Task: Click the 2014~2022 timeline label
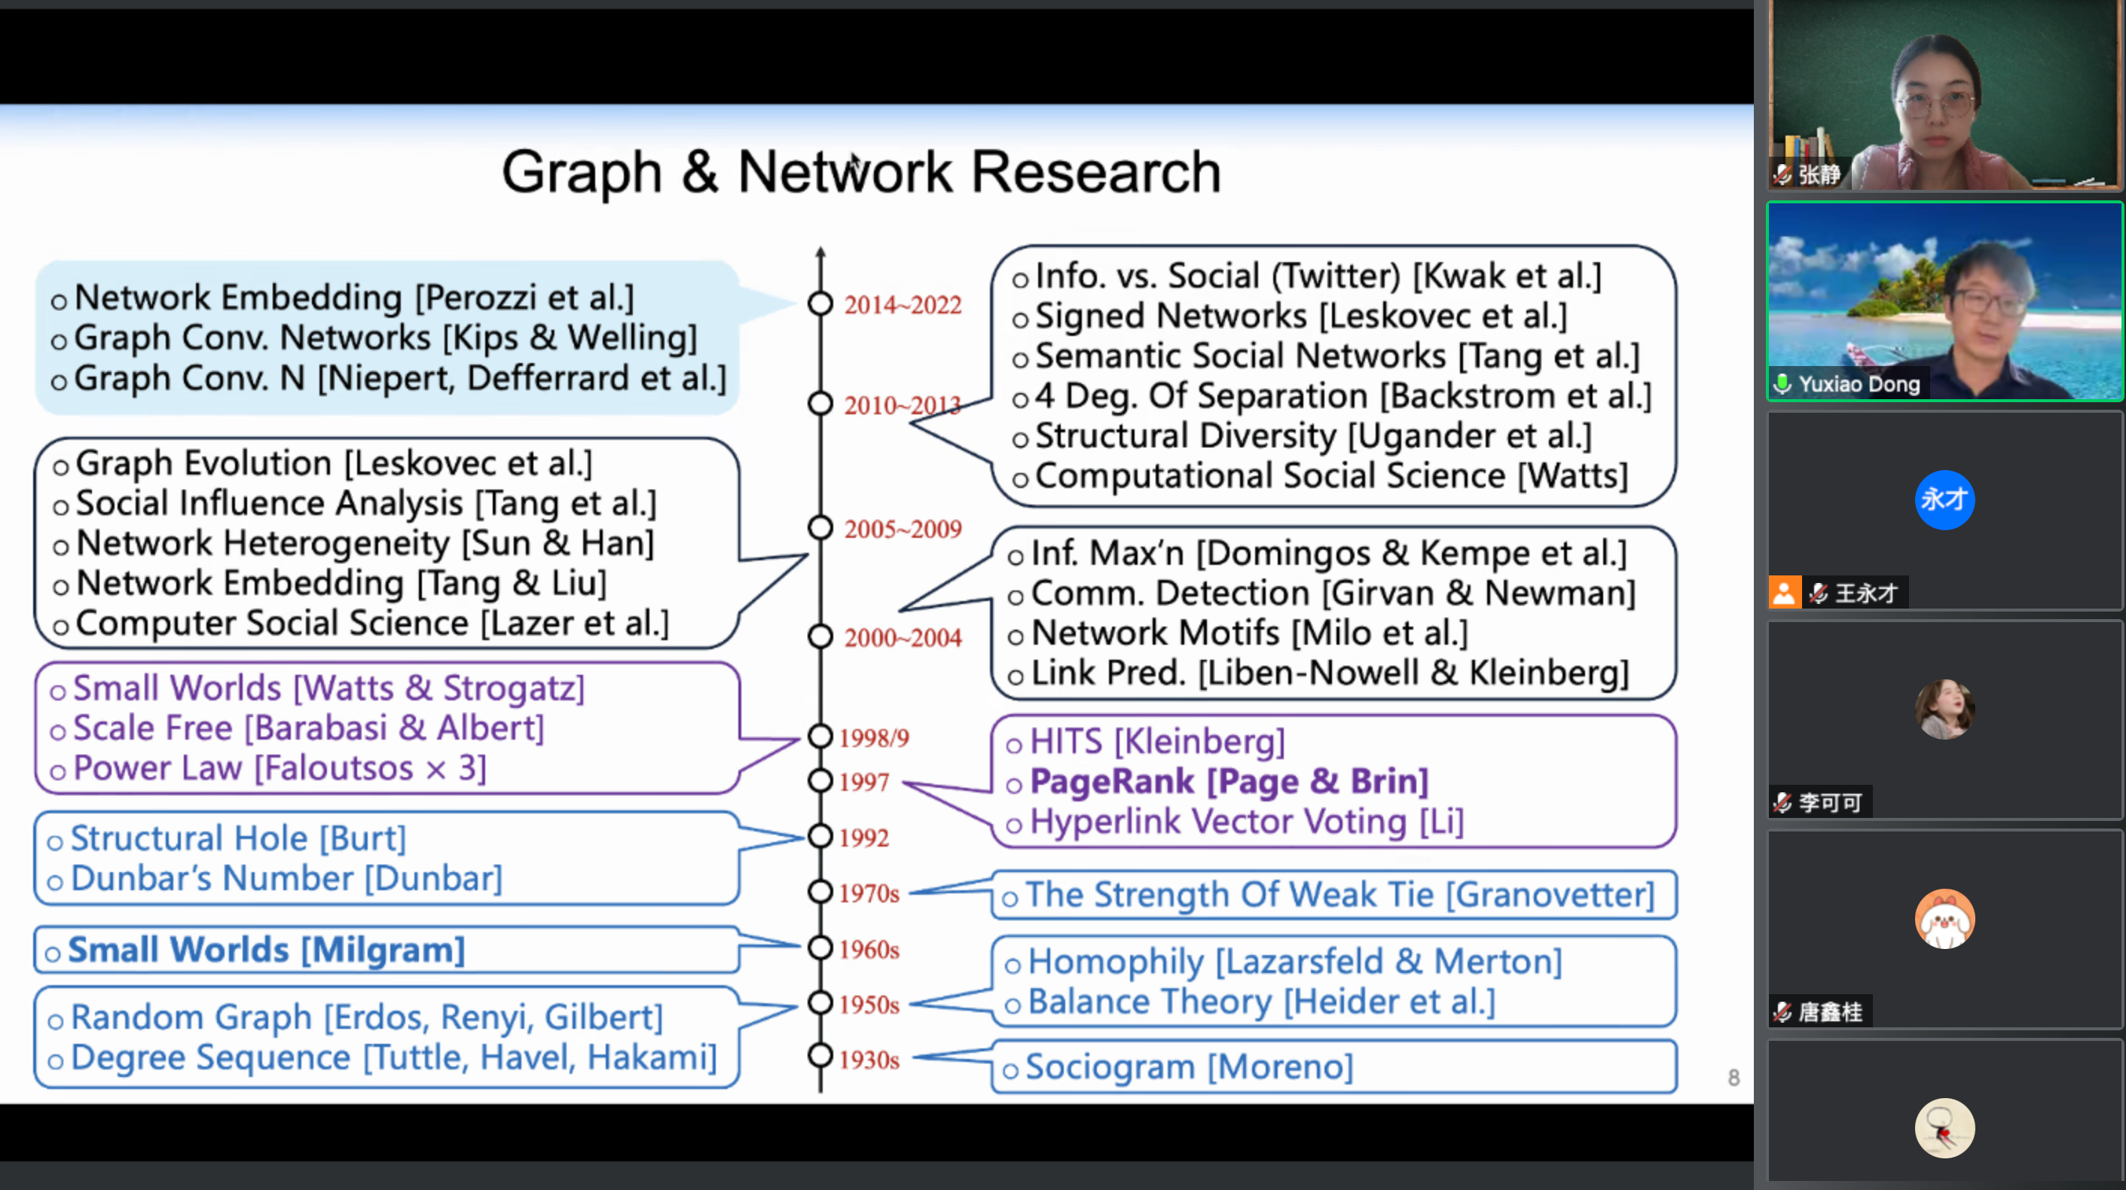point(902,305)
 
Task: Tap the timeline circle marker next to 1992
point(820,836)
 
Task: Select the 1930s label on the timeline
point(869,1060)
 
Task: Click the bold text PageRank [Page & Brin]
point(1229,782)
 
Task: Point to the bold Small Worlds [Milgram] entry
point(266,950)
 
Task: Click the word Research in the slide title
point(1095,172)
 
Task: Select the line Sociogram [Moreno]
point(1189,1067)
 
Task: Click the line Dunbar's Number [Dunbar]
point(286,879)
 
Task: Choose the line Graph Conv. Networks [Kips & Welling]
point(386,338)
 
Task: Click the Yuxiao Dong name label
point(1859,385)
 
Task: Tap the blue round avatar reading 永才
point(1944,499)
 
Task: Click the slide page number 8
point(1733,1078)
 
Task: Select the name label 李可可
point(1830,802)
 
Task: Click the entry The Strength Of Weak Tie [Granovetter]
point(1339,896)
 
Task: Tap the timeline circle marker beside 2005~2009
point(820,527)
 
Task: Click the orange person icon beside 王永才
point(1783,593)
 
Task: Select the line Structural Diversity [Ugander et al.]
point(1312,437)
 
